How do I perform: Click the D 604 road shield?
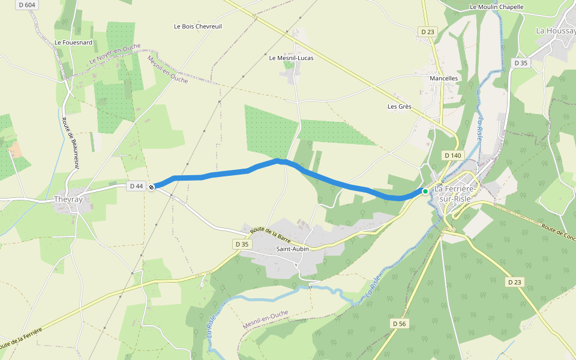[x=27, y=4]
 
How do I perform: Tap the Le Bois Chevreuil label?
[x=197, y=26]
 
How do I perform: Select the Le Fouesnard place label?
[x=74, y=43]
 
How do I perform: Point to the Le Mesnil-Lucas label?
[x=291, y=58]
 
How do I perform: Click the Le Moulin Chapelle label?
[x=497, y=7]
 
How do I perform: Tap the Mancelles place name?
[x=444, y=79]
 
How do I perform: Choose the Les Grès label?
[x=399, y=107]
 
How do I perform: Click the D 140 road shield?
[x=453, y=155]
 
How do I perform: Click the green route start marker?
[x=425, y=191]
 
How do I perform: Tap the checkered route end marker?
[x=152, y=187]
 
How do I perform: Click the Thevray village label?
[x=67, y=199]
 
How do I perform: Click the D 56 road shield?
[x=400, y=323]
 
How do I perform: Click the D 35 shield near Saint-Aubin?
[x=242, y=244]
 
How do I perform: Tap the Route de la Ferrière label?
[x=22, y=339]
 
